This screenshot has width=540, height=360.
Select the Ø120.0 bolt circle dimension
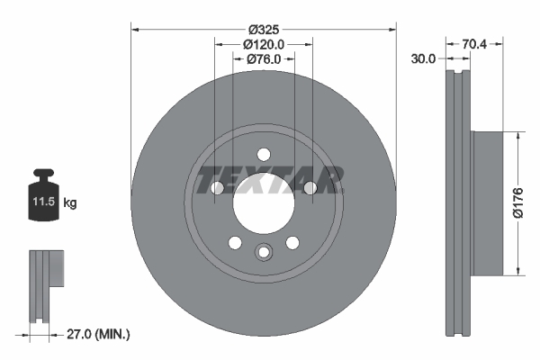click(x=264, y=43)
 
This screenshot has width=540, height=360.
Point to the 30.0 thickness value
click(x=423, y=58)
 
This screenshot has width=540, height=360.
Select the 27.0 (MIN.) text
click(x=99, y=334)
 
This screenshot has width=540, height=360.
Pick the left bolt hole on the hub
click(x=217, y=187)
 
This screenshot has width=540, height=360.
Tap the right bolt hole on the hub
click(x=310, y=187)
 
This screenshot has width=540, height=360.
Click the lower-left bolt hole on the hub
click(x=235, y=242)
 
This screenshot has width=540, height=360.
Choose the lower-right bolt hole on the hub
click(x=292, y=242)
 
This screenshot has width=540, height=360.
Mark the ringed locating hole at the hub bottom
click(x=264, y=253)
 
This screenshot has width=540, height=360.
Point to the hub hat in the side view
click(x=486, y=202)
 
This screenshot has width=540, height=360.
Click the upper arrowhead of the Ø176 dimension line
click(x=517, y=136)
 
